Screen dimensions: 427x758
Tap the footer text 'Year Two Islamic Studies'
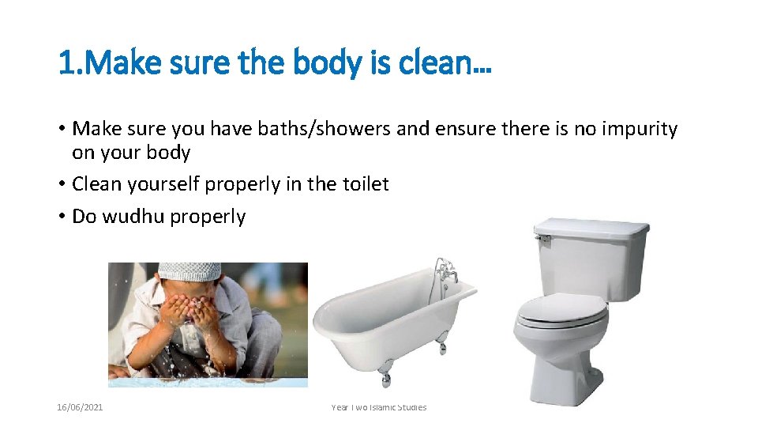379,407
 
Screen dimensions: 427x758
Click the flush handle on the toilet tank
543,236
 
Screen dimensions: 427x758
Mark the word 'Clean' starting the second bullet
96,184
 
